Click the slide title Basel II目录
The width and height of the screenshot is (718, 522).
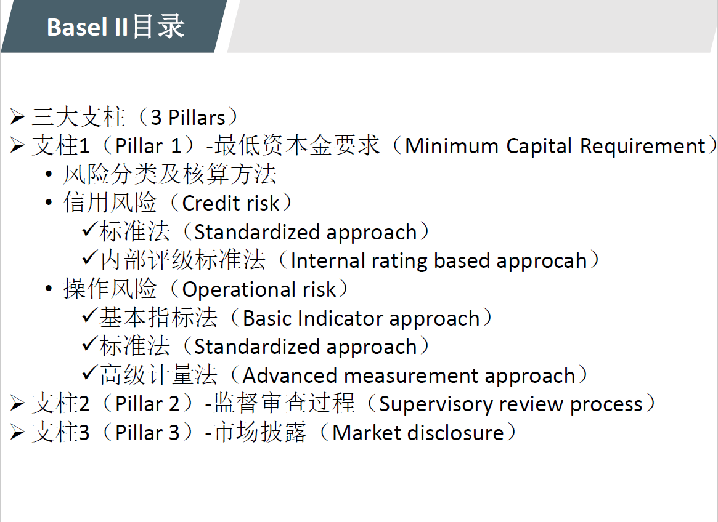coord(115,26)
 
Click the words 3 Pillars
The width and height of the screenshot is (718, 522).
coord(188,118)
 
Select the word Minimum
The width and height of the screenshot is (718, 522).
coord(452,146)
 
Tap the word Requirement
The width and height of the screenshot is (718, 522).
coord(643,147)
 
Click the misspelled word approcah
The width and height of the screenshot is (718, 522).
coord(541,261)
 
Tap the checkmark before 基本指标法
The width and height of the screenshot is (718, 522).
coord(90,316)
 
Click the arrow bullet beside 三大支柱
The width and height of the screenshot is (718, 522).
coord(17,117)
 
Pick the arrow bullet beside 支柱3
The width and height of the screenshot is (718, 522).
coord(17,432)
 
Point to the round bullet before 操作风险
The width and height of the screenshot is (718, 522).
coord(49,289)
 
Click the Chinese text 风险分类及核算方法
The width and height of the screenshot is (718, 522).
coord(170,174)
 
